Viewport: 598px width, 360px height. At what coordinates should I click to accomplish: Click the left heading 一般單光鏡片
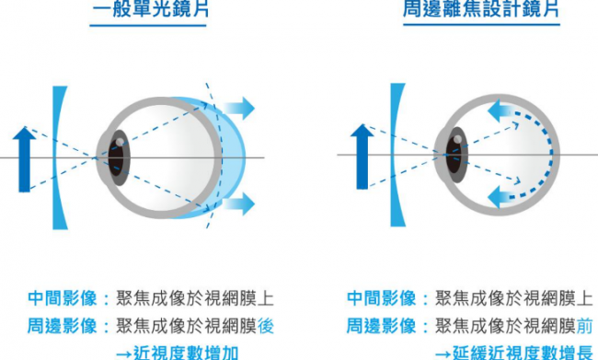point(151,9)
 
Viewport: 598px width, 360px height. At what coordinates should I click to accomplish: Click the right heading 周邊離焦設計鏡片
point(481,8)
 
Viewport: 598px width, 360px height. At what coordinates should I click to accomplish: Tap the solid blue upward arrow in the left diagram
point(24,159)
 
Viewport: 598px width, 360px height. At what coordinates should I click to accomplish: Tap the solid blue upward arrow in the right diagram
point(362,157)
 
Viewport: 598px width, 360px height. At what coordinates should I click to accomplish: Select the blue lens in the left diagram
point(58,157)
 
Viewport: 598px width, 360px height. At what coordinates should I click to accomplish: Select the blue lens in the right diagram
point(395,155)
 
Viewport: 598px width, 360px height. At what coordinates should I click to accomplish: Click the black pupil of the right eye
point(454,156)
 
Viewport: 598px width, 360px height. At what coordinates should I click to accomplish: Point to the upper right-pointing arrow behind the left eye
point(239,108)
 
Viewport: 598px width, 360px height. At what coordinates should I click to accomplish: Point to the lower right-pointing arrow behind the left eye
point(239,203)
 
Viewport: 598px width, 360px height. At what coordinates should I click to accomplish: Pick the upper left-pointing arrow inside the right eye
point(502,111)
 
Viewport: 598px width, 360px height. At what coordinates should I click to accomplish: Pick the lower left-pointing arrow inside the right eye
point(502,197)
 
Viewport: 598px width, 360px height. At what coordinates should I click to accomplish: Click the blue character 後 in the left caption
point(266,326)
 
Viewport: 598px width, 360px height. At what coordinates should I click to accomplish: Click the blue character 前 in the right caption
point(584,326)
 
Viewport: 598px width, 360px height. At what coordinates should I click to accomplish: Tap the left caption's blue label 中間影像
point(63,298)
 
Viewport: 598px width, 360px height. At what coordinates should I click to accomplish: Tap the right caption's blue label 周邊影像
point(381,326)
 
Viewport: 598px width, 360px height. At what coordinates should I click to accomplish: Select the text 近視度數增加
point(186,353)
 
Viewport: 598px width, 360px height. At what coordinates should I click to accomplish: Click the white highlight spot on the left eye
point(120,142)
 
